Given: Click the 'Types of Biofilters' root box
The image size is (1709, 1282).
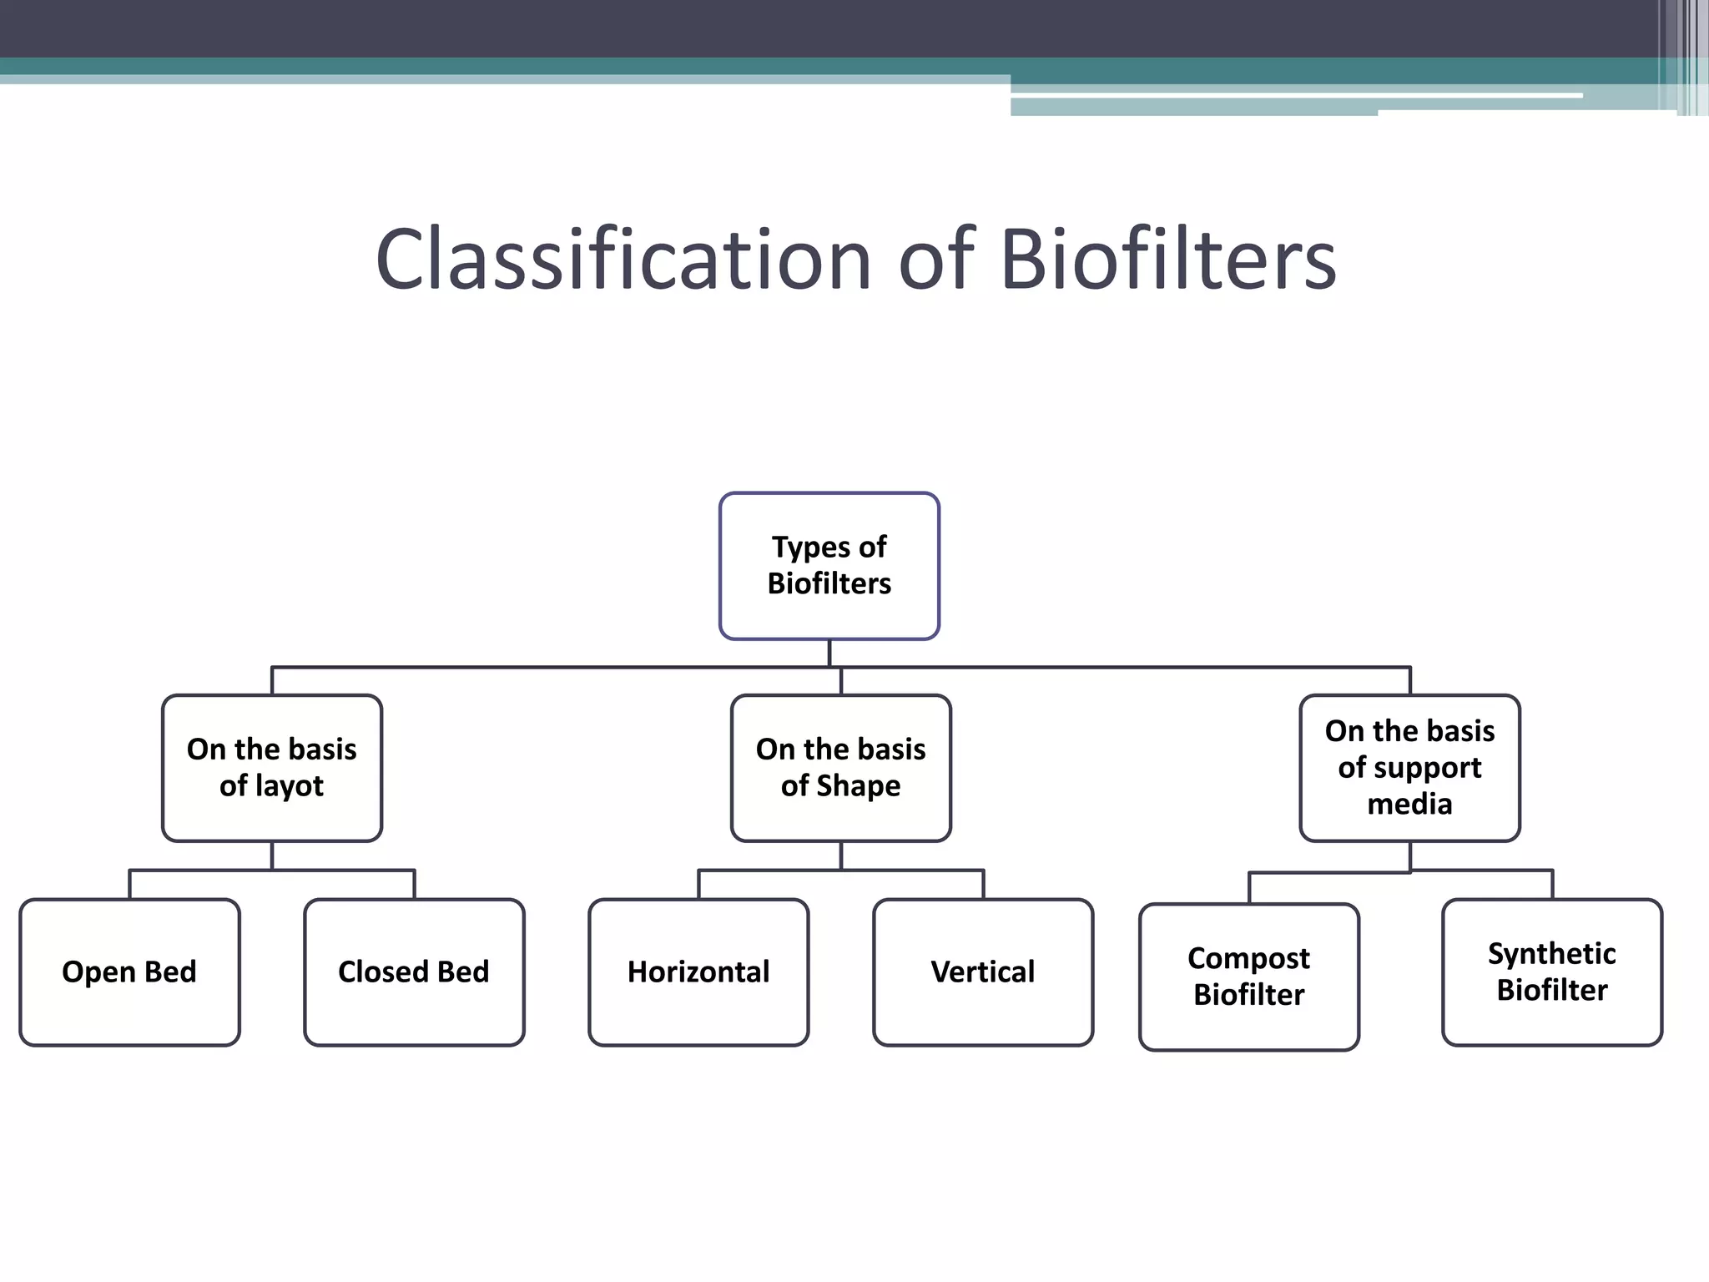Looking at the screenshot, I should point(829,566).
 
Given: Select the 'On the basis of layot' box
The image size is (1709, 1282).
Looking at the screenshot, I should point(272,768).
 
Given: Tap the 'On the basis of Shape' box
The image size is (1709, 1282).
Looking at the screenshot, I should point(840,768).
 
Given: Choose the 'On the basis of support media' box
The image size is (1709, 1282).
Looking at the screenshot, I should point(1409,768).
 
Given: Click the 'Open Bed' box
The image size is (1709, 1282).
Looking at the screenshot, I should point(129,972).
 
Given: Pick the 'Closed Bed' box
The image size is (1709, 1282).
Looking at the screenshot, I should point(414,972).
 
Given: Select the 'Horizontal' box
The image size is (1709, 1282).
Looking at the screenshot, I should point(698,972).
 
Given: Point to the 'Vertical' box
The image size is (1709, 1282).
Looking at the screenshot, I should point(983,972).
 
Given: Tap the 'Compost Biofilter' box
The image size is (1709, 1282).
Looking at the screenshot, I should point(1248,977).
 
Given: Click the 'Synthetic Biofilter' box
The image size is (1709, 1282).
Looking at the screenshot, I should point(1552,972).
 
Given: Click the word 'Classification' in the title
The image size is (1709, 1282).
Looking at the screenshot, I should point(623,260).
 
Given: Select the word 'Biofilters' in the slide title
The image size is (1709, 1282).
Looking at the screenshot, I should point(1167,260).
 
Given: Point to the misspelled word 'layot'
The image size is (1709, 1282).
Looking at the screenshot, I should point(289,786).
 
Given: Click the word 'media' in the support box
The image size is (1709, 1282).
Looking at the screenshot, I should point(1409,804).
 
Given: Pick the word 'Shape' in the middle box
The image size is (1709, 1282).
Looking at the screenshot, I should point(858,786).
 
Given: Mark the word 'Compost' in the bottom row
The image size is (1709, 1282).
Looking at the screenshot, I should point(1248,958).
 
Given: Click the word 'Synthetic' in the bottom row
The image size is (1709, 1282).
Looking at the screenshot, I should point(1552,953).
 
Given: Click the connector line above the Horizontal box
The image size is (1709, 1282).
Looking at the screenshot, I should point(698,884).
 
